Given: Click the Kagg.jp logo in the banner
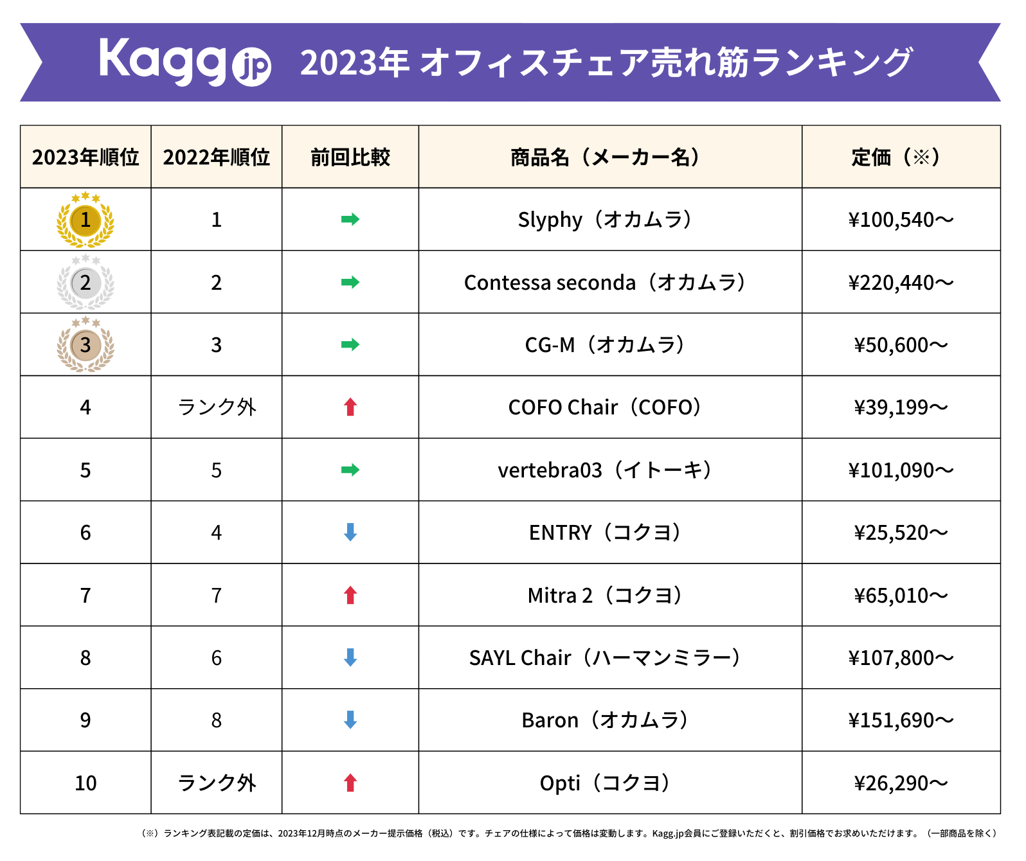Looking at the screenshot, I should tap(184, 62).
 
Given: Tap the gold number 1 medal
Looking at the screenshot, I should tap(85, 220).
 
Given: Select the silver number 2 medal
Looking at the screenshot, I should tap(85, 283).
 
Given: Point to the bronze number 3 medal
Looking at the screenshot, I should tap(85, 345).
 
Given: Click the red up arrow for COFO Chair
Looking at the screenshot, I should tap(350, 407).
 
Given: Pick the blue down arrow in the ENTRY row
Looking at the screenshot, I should tap(350, 532).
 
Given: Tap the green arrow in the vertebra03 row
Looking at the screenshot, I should tap(350, 470).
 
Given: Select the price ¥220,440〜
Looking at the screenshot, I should tap(901, 283).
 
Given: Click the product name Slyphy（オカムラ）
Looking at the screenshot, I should tap(605, 220).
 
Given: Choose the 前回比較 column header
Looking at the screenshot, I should tap(350, 157).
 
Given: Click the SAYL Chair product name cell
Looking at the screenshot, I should tap(605, 658).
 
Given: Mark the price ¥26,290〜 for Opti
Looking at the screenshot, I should tap(901, 783).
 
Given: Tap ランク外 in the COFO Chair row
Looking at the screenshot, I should tap(217, 407).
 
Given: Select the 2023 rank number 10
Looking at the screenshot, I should tap(85, 783).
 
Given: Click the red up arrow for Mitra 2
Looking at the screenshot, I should tap(350, 595).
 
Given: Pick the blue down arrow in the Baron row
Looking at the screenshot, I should tap(350, 720).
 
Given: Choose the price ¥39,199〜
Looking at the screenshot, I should tap(901, 407).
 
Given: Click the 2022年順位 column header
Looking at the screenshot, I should tap(217, 157).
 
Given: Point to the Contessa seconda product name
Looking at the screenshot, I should tap(605, 283).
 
